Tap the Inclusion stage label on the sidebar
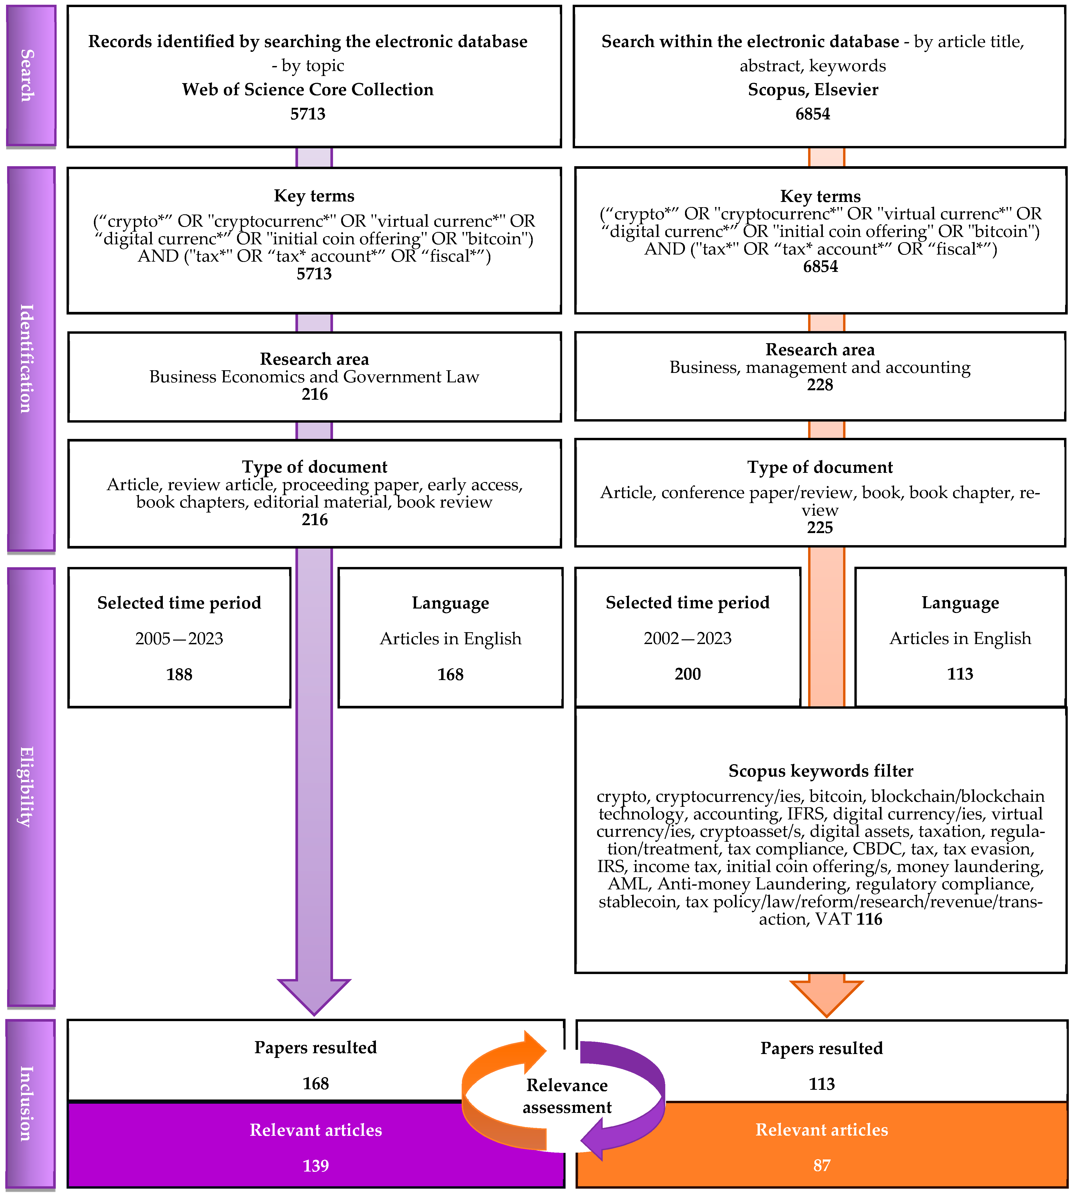[x=27, y=1103]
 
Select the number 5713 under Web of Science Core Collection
[x=308, y=114]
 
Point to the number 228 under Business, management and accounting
[x=819, y=385]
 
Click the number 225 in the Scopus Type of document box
[x=819, y=528]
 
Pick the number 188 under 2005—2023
[x=179, y=674]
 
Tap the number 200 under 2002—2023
[x=687, y=674]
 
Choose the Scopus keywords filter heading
[x=821, y=771]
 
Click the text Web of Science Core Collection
[x=308, y=90]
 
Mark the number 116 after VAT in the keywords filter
[x=869, y=920]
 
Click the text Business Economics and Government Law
[x=314, y=377]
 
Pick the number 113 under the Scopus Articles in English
[x=960, y=674]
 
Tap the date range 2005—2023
[x=179, y=638]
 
